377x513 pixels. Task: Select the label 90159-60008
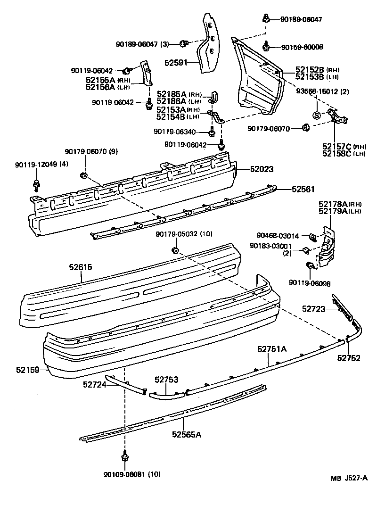[x=302, y=47]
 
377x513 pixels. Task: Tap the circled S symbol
[x=317, y=115]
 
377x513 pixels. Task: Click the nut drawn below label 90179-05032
[x=175, y=249]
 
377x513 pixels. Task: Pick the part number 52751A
[x=272, y=349]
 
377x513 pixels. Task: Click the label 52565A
[x=186, y=434]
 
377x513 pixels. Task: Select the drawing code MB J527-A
[x=349, y=478]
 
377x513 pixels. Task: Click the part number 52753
[x=166, y=379]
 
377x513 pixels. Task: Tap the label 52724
[x=94, y=384]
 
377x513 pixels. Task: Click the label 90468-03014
[x=278, y=235]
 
